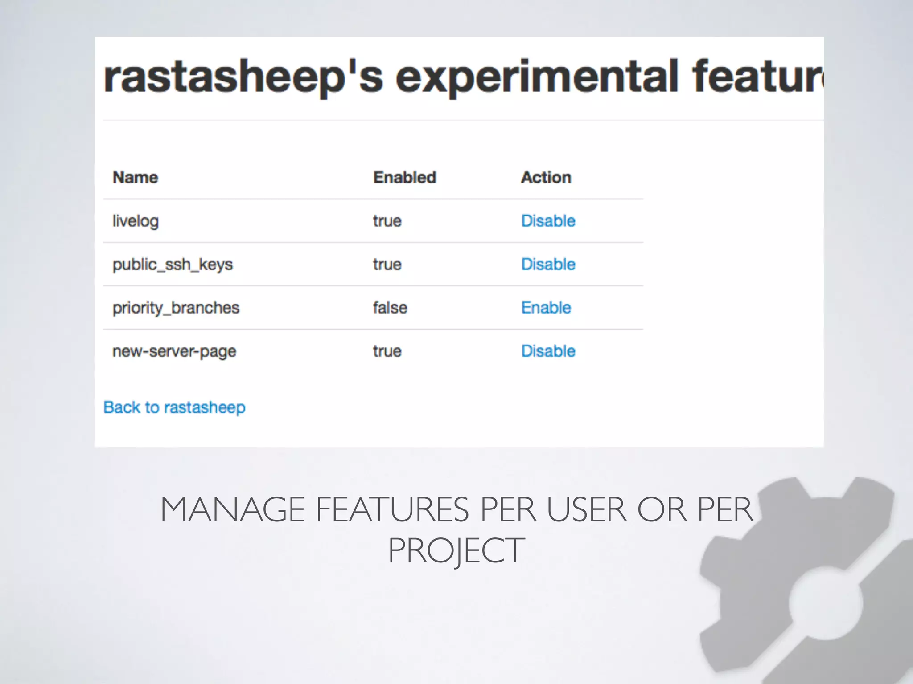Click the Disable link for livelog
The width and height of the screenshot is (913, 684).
click(x=548, y=221)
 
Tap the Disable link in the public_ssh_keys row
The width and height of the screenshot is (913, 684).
click(x=548, y=264)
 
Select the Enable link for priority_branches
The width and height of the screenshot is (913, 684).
click(x=546, y=308)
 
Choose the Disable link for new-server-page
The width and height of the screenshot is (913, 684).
click(x=548, y=351)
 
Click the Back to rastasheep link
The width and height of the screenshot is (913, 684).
click(x=174, y=407)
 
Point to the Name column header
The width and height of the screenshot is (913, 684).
click(x=135, y=177)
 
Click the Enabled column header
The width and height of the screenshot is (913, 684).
click(x=404, y=177)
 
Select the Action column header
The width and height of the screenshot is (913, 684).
click(x=546, y=177)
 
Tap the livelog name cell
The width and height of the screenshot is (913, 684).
click(x=135, y=221)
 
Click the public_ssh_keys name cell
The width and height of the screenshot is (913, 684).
click(x=173, y=265)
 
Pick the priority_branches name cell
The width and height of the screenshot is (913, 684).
click(x=176, y=308)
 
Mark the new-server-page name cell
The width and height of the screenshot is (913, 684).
click(x=174, y=351)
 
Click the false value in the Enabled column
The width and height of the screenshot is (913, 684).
click(x=390, y=308)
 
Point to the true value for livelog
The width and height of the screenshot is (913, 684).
click(x=387, y=221)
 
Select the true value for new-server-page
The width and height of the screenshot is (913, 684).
click(x=387, y=351)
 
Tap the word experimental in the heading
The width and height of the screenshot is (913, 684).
click(x=537, y=77)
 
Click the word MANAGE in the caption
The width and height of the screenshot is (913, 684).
click(x=232, y=510)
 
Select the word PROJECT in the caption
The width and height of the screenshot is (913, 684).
click(x=456, y=551)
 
